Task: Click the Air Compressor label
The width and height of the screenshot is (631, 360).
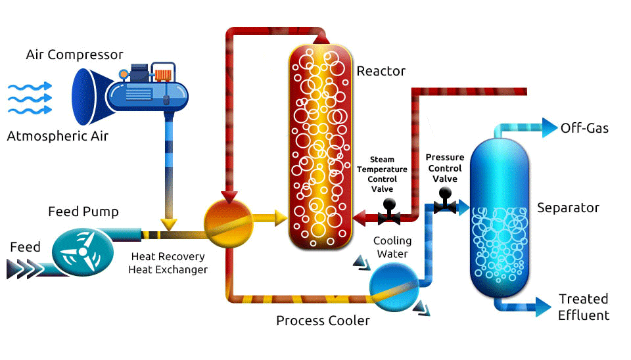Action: [x=74, y=55]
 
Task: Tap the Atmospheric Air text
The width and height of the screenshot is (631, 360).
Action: [x=57, y=137]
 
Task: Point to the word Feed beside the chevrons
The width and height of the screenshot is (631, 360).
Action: [x=25, y=247]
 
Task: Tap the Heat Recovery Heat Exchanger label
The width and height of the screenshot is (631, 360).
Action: [x=168, y=263]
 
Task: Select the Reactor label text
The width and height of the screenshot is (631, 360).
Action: [x=381, y=71]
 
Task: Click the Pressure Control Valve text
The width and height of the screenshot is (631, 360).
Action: [x=445, y=168]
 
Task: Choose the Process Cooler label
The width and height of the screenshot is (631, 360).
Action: [x=323, y=321]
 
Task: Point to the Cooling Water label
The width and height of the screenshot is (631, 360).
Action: [x=392, y=248]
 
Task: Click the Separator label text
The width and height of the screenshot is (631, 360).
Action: [x=568, y=208]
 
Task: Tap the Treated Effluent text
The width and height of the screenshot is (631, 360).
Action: [x=584, y=307]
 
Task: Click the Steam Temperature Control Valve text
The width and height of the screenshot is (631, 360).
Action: [x=382, y=174]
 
